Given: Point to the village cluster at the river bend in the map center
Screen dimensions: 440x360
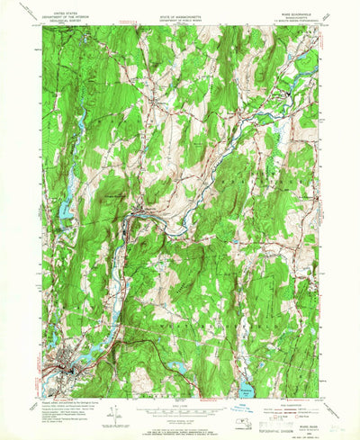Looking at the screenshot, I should tap(135, 214).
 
